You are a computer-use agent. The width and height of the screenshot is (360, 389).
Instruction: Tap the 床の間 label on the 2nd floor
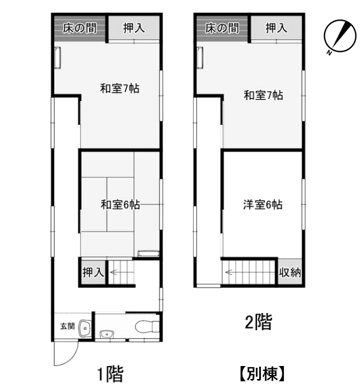222,27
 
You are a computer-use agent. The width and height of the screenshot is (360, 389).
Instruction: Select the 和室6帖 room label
120,205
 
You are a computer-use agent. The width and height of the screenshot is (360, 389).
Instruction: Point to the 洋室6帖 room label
263,205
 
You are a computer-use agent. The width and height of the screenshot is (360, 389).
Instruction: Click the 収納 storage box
290,272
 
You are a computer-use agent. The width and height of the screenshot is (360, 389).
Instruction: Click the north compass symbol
335,37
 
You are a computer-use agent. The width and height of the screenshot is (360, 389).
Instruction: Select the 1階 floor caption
110,373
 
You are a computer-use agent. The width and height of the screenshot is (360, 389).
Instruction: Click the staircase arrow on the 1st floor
117,272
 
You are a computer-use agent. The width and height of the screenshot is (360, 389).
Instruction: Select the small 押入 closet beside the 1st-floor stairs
93,272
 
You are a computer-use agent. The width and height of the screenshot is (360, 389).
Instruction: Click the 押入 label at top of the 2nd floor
276,27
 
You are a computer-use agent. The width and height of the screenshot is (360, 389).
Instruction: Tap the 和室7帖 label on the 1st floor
119,89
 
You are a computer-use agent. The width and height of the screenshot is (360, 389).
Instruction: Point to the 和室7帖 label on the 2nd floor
263,95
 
